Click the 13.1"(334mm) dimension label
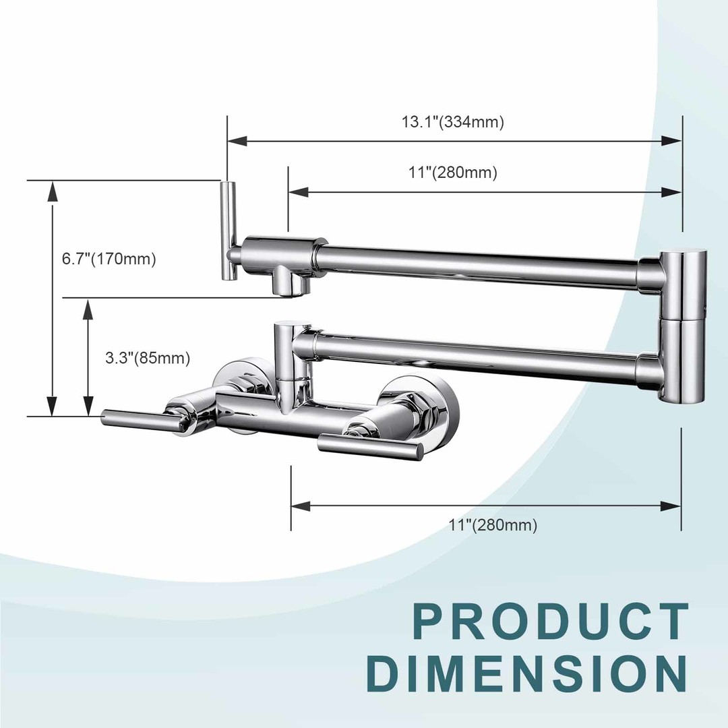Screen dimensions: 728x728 [x=453, y=122]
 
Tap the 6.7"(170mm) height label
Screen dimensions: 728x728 [x=109, y=259]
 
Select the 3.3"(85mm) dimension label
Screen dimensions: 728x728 [x=148, y=358]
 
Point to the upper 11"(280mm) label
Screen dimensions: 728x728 [x=453, y=173]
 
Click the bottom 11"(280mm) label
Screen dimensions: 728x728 [x=493, y=525]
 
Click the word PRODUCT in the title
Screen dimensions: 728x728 [x=551, y=622]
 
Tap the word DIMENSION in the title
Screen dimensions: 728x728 [x=526, y=673]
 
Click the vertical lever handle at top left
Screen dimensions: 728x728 [x=229, y=231]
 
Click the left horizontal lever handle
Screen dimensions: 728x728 [x=140, y=418]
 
